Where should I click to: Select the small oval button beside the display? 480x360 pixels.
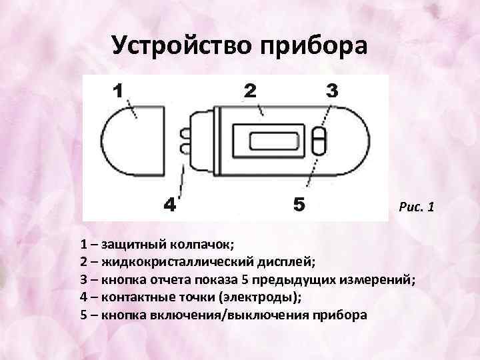click(319, 143)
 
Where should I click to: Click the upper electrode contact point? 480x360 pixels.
click(183, 133)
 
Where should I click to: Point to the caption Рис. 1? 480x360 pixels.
click(416, 208)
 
